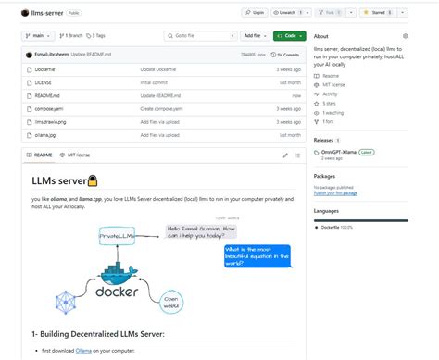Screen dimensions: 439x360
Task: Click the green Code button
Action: click(x=289, y=35)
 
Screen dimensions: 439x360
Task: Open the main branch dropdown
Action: click(x=35, y=35)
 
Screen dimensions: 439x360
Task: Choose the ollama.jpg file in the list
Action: click(x=43, y=134)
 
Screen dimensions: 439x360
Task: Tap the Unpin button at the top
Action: click(x=255, y=13)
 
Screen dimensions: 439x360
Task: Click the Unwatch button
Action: click(x=285, y=13)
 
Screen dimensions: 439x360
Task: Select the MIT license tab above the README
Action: click(x=77, y=155)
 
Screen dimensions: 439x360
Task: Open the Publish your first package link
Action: click(x=336, y=192)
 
